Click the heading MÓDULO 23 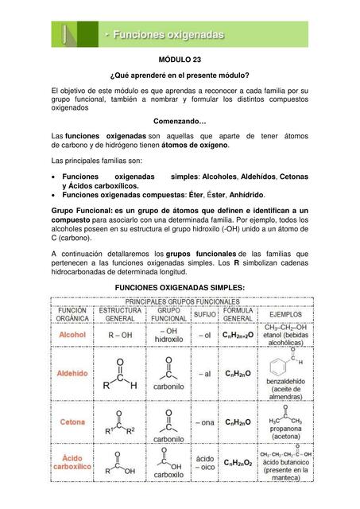180,60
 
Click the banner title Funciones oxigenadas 168,35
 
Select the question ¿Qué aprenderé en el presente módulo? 180,75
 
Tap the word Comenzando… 180,121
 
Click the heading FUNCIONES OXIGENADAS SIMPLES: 180,286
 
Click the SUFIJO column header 204,316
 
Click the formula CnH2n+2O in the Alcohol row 238,336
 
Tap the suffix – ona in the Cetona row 204,422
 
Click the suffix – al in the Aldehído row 204,373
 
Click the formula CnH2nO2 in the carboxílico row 238,463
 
